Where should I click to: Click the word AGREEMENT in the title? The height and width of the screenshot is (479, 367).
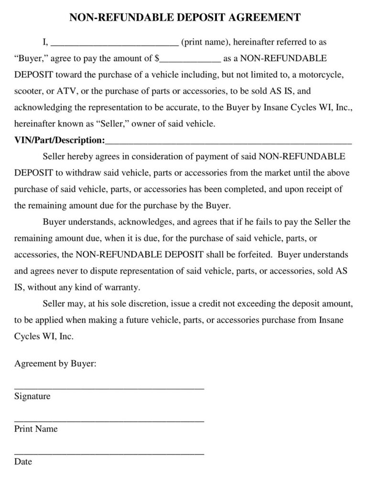click(x=264, y=18)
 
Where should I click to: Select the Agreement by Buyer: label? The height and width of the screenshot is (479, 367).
click(x=55, y=364)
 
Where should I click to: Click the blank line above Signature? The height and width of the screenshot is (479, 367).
click(x=109, y=388)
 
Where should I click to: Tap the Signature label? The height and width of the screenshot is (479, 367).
click(x=32, y=396)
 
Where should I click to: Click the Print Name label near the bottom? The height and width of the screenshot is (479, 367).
click(x=36, y=429)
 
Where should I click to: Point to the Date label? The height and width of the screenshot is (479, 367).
click(x=23, y=461)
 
